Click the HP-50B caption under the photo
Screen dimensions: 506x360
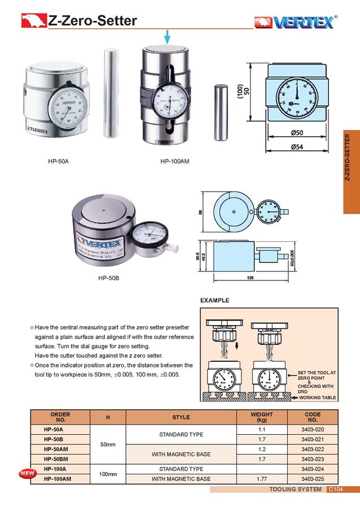coord(109,278)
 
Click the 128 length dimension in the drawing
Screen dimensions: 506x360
coord(250,278)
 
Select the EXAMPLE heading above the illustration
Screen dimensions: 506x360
coord(215,300)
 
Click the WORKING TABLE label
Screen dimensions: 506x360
coord(318,397)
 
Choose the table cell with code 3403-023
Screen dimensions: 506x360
coord(313,459)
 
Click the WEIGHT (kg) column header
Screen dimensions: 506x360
coord(262,417)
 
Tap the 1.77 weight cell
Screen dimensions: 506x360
coord(262,479)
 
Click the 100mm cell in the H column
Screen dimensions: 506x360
coord(108,474)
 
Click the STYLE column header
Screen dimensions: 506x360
coord(181,417)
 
